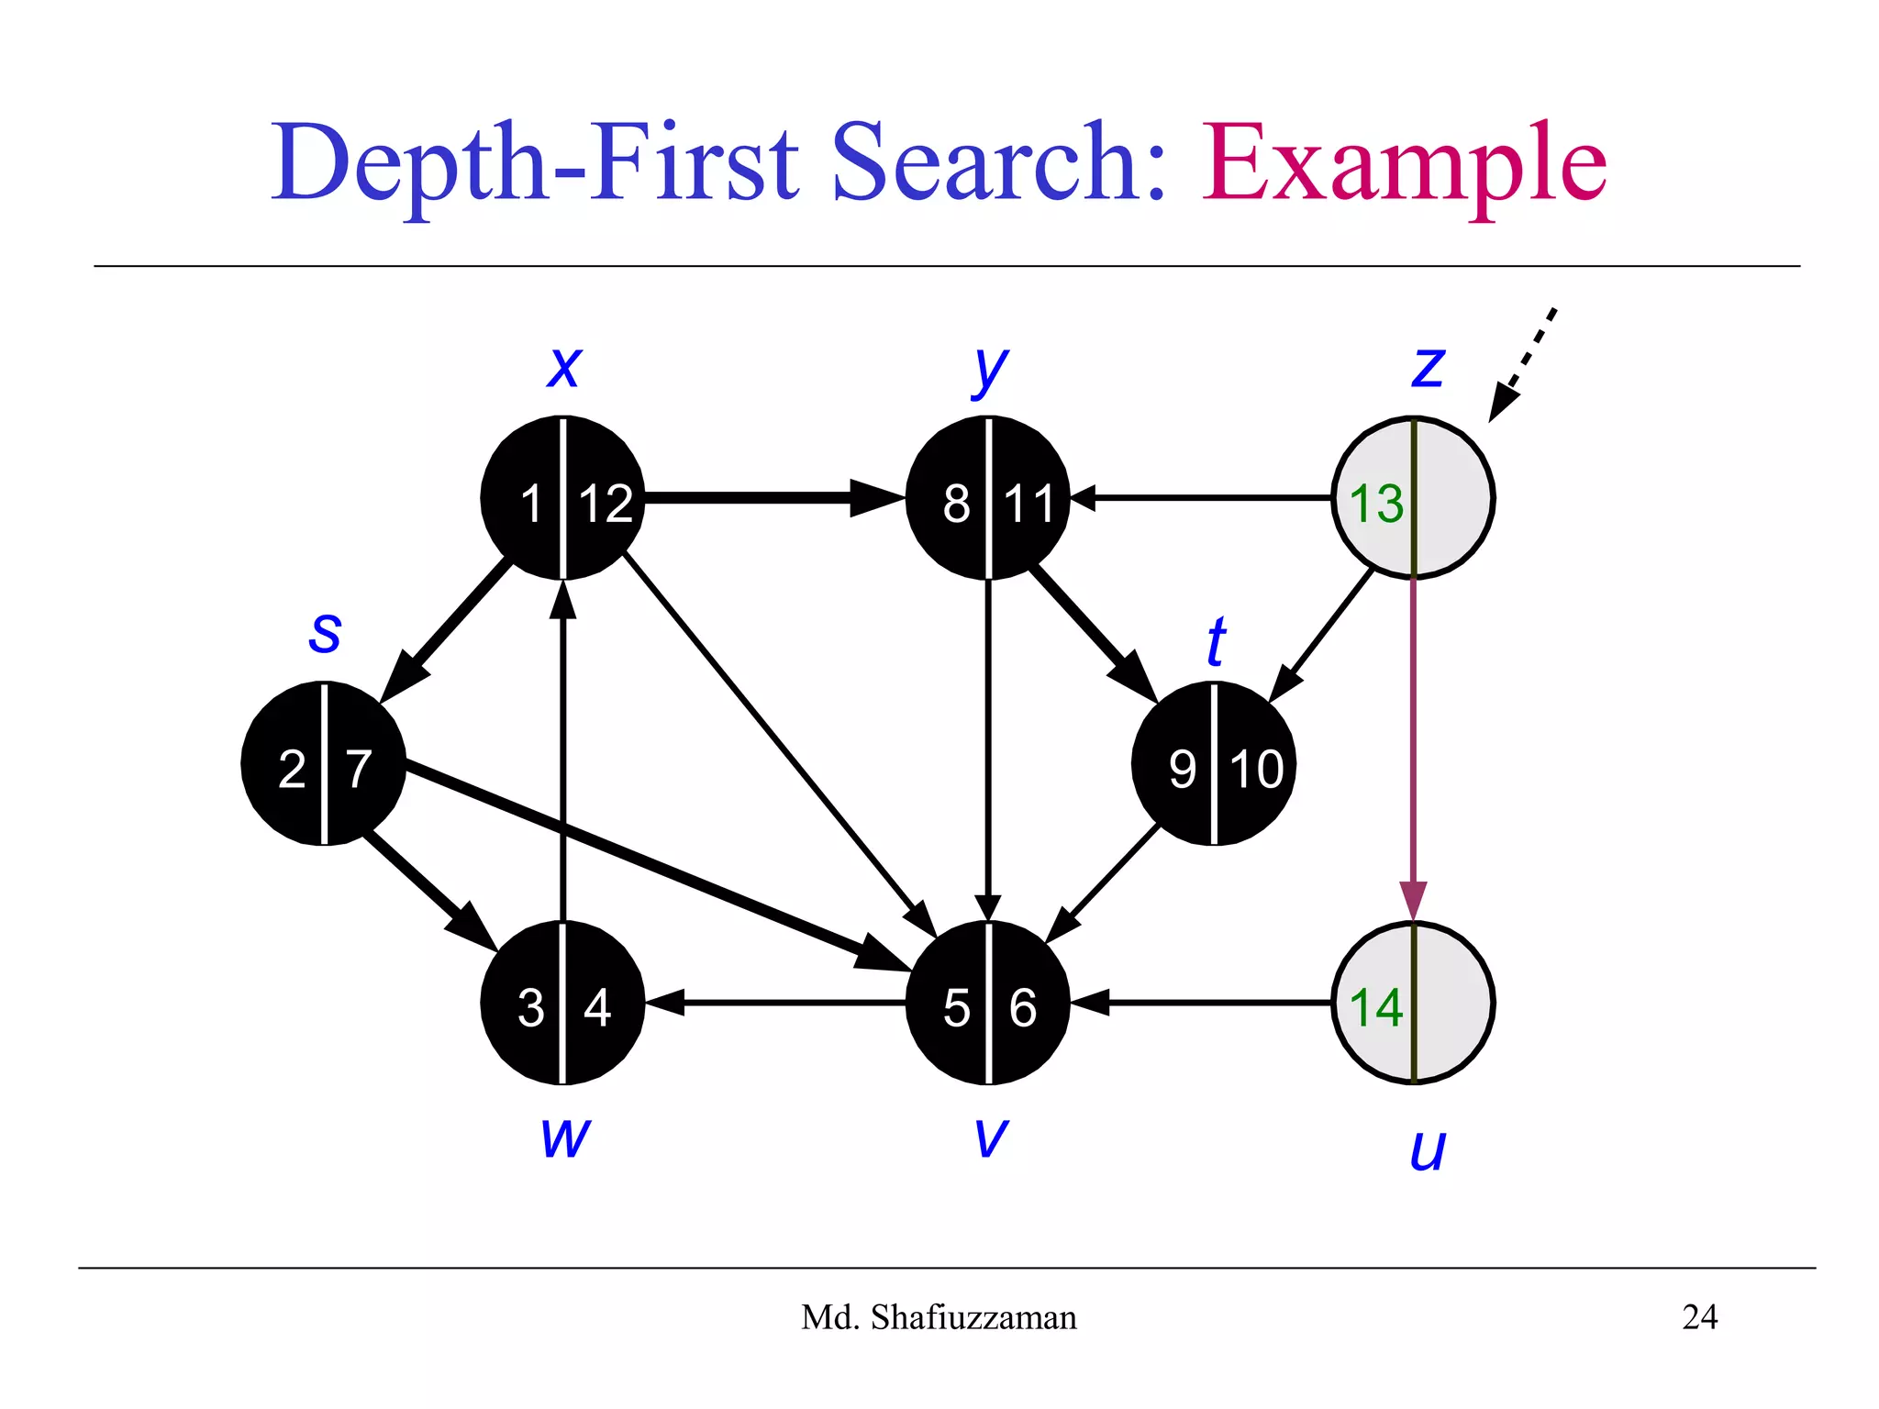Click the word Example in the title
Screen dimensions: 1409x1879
coord(1404,165)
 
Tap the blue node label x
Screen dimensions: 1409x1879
coord(563,367)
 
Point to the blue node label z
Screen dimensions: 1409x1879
coord(1428,367)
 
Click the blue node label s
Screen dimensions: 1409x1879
coord(325,632)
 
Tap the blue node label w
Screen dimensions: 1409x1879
coord(565,1137)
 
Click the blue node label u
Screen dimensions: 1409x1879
coord(1428,1149)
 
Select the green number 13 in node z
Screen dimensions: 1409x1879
coord(1376,504)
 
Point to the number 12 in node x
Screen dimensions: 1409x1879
coord(606,504)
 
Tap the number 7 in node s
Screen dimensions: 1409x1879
coord(359,769)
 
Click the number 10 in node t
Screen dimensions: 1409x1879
coord(1256,769)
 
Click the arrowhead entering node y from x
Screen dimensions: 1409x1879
coord(875,498)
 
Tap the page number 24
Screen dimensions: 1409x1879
coord(1699,1317)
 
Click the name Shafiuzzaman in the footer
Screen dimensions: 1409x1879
coord(973,1317)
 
